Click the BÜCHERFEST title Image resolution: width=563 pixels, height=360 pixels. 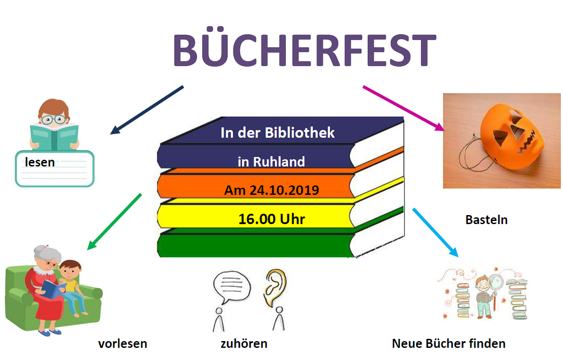304,47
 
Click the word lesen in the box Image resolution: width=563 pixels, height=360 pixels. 40,162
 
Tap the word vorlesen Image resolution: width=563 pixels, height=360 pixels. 123,344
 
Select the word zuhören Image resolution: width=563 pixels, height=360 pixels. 244,344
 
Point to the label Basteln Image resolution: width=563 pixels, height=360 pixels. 487,220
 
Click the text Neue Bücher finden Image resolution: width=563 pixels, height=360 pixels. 449,344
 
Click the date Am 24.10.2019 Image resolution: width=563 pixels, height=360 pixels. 272,190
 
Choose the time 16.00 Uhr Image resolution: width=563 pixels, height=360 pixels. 272,219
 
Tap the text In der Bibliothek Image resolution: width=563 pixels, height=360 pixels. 277,133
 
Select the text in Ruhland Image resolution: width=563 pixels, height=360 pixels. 271,162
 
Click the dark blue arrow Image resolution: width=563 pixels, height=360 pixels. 147,110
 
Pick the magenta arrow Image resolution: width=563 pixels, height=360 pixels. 404,108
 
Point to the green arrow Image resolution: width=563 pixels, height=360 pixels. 114,222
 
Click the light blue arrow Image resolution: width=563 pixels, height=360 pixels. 436,233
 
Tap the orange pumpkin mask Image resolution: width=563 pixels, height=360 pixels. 512,136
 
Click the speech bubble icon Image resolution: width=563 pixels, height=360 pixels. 232,287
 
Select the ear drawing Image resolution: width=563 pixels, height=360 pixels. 275,288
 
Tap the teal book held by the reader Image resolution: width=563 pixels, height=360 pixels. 54,137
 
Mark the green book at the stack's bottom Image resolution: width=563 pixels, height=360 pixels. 254,244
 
